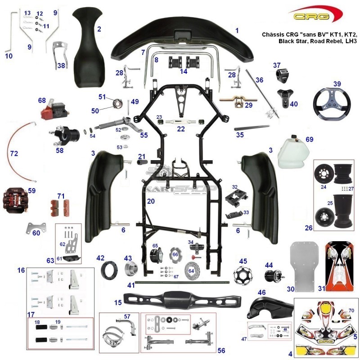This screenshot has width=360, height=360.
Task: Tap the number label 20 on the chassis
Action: click(151, 201)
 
